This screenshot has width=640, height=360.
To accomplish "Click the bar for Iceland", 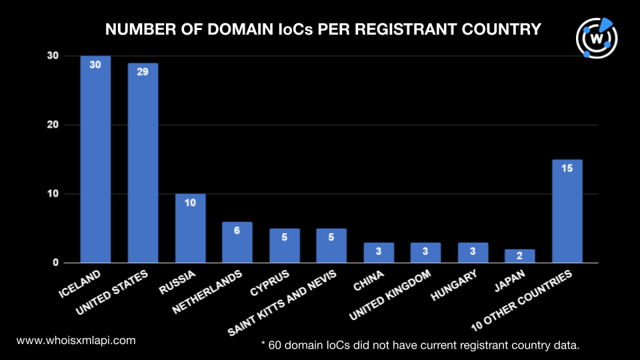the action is (95, 159).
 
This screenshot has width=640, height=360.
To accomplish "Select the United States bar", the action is (143, 163).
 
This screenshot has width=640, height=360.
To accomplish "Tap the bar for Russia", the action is (190, 228).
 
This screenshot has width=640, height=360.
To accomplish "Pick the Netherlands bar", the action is (237, 243).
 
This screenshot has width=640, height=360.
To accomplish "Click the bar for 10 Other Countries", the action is (567, 211).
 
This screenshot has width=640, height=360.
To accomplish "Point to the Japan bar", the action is (519, 256).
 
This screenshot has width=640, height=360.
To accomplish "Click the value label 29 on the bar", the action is (143, 72).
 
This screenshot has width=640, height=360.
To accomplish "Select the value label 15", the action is (567, 168).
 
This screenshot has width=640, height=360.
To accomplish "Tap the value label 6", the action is (237, 231).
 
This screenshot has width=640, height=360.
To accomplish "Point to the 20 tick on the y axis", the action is (53, 125).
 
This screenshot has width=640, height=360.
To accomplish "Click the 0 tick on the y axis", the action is (55, 263).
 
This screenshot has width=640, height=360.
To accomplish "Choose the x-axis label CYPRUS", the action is (269, 283).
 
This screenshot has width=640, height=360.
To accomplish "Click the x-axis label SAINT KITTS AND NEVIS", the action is (282, 303).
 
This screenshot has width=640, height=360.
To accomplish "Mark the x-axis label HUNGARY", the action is (454, 285).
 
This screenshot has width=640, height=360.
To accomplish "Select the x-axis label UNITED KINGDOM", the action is (390, 295).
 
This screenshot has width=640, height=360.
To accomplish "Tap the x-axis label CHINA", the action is (369, 281).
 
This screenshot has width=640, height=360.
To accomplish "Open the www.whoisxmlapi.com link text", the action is (76, 341).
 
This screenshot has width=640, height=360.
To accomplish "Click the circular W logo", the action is (597, 38).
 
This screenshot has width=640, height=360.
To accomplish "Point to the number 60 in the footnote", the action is (275, 345).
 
